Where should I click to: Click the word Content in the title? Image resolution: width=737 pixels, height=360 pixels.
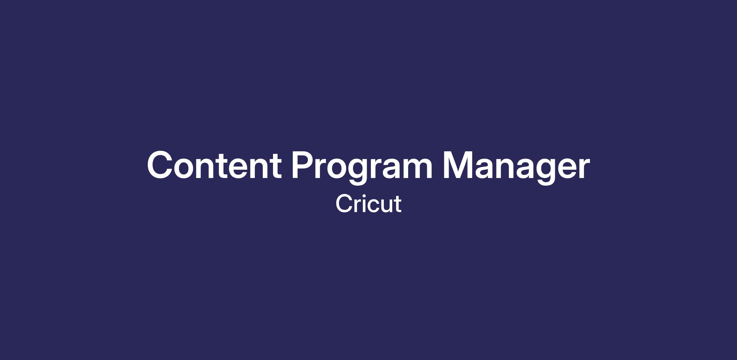tap(214, 165)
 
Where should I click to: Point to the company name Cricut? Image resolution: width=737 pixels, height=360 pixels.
tap(368, 203)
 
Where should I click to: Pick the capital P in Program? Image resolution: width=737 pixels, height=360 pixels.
tap(303, 165)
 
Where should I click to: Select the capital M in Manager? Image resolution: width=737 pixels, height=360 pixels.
tap(458, 165)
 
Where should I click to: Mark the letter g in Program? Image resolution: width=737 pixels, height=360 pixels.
tap(358, 171)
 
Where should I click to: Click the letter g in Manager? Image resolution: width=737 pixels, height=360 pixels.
tap(546, 171)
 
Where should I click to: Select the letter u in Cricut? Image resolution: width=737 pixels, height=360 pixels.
tap(387, 206)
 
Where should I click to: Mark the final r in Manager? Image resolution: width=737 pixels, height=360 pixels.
tap(583, 168)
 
